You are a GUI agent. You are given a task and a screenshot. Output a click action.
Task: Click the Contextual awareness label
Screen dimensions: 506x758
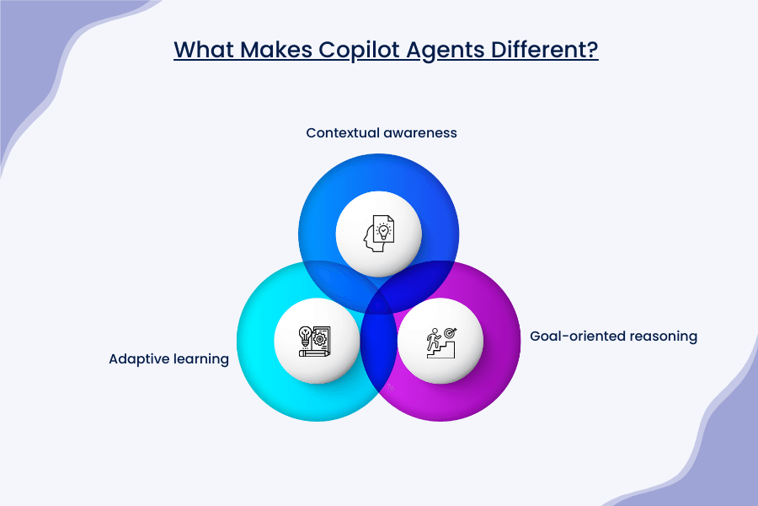[x=382, y=133]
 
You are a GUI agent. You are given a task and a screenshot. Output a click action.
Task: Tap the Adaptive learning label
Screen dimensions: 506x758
[x=169, y=359]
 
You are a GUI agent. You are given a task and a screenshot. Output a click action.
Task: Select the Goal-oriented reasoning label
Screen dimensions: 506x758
[x=614, y=336]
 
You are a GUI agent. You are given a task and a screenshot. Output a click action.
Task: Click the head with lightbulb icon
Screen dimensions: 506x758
[x=378, y=233]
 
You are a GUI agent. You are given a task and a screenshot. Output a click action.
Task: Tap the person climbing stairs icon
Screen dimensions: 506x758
[x=440, y=341]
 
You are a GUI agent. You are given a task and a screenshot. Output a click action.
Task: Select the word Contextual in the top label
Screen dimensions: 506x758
[x=341, y=133]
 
